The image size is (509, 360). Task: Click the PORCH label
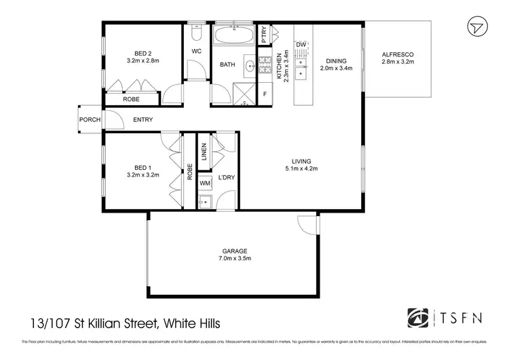click(x=90, y=120)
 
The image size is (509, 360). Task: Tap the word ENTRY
click(x=143, y=120)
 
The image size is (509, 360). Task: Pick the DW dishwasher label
click(x=302, y=45)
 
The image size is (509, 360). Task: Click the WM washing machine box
click(x=205, y=183)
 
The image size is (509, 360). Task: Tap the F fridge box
click(x=265, y=94)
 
